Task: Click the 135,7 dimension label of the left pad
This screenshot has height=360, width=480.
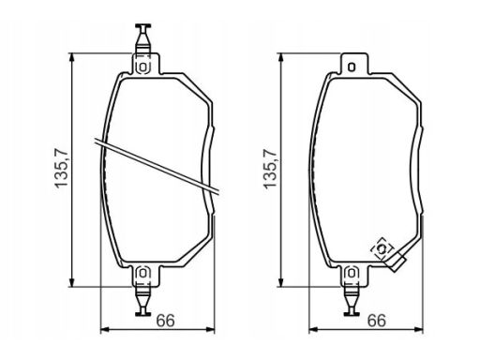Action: click(61, 168)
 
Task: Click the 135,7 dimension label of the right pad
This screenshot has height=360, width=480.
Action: click(271, 168)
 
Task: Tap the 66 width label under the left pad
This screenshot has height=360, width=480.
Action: click(165, 321)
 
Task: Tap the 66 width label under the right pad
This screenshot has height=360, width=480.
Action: click(377, 321)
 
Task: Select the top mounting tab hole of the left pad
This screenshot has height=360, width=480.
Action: click(142, 67)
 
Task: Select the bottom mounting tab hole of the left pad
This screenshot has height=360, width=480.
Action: click(142, 274)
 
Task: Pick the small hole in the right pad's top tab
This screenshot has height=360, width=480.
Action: click(352, 67)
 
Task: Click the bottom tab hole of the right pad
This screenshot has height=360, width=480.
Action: click(352, 274)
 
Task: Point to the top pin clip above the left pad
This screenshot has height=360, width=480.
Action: click(142, 39)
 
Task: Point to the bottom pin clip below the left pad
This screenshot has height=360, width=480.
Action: click(142, 301)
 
